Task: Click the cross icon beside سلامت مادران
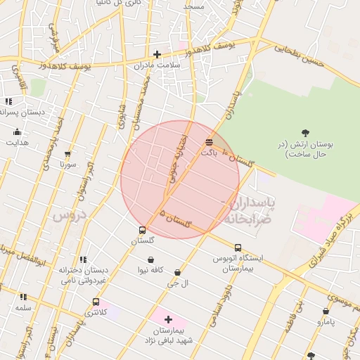pyautogui.click(x=157, y=54)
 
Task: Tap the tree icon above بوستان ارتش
pyautogui.click(x=305, y=133)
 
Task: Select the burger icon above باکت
pyautogui.click(x=209, y=142)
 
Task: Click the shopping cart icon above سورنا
pyautogui.click(x=67, y=154)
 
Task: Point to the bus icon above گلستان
pyautogui.click(x=143, y=230)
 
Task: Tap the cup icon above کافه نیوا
pyautogui.click(x=150, y=259)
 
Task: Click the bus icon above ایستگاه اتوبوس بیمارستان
pyautogui.click(x=238, y=247)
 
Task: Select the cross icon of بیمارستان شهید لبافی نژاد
pyautogui.click(x=168, y=319)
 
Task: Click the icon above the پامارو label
pyautogui.click(x=326, y=311)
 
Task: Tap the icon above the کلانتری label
pyautogui.click(x=96, y=302)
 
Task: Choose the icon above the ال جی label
pyautogui.click(x=177, y=273)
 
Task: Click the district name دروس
pyautogui.click(x=69, y=215)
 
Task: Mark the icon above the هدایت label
pyautogui.click(x=17, y=132)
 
